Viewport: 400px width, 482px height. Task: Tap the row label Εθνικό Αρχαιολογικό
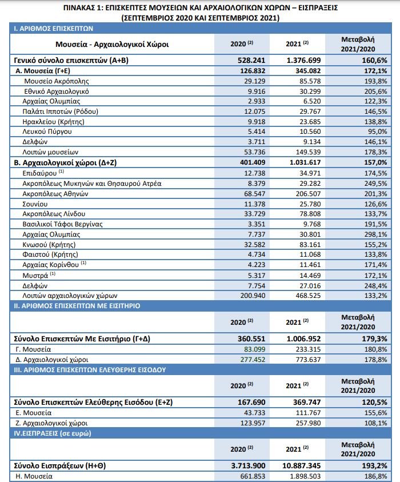pyautogui.click(x=57, y=91)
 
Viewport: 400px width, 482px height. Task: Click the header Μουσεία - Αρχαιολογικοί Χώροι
pyautogui.click(x=112, y=43)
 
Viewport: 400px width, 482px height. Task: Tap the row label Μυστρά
pyautogui.click(x=35, y=276)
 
